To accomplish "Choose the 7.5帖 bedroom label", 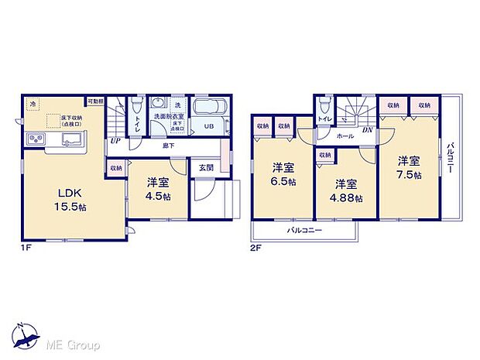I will (x=410, y=174).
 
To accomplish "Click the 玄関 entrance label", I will (x=206, y=167).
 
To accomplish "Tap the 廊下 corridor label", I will (x=167, y=145).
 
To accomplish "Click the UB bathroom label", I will (x=209, y=126).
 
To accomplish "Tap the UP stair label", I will (x=115, y=141).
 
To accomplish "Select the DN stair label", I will (x=368, y=130).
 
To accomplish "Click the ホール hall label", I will (x=345, y=135).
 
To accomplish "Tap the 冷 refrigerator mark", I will (x=33, y=102).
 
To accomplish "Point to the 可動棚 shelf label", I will (x=95, y=101).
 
